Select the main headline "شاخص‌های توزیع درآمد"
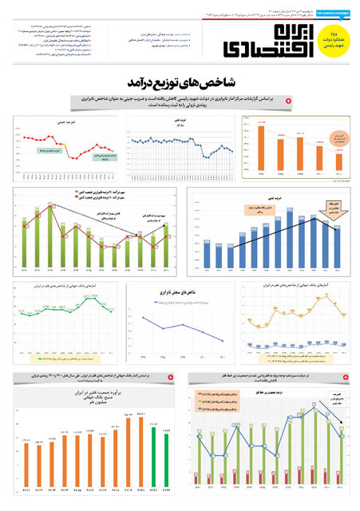180,83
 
